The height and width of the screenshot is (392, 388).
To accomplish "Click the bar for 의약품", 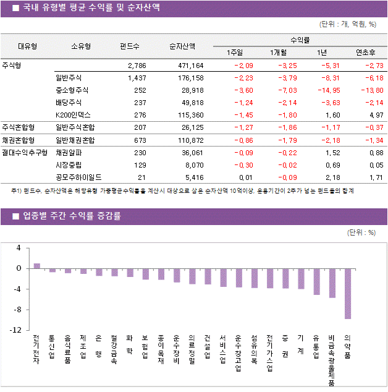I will (348, 294).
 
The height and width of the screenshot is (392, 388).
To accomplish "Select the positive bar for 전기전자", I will (37, 266).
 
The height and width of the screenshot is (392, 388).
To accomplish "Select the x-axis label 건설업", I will (208, 349).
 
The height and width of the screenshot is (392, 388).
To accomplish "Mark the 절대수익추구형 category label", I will (24, 152).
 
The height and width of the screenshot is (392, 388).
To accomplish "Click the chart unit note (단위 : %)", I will (361, 232).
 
